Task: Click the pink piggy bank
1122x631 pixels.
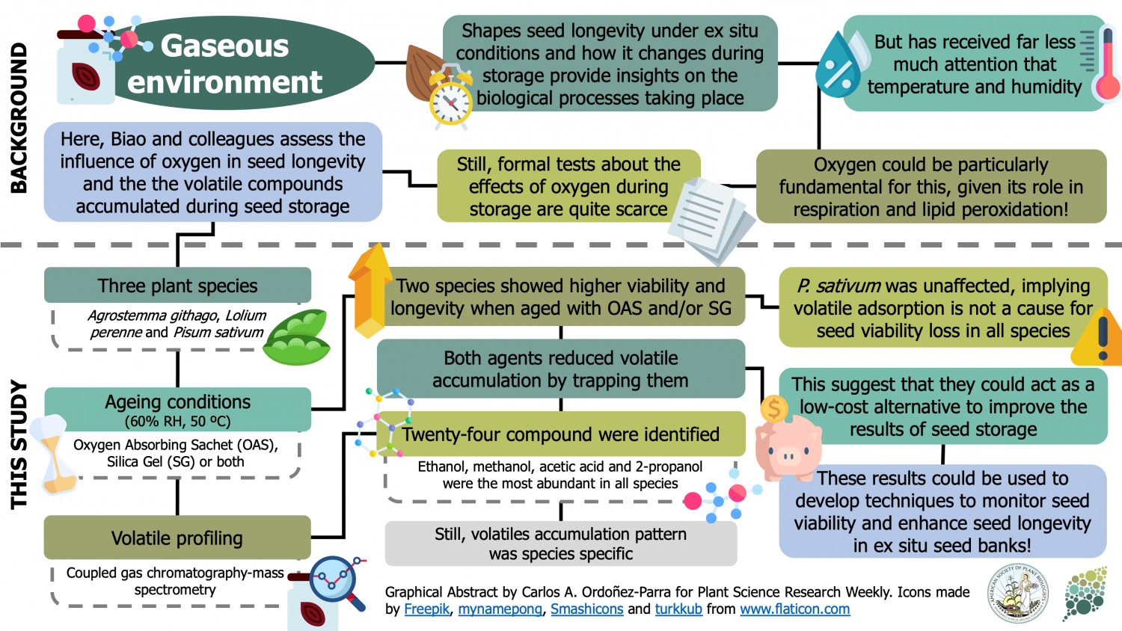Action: click(787, 446)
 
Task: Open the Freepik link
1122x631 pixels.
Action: click(426, 609)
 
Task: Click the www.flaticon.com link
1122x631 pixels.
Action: click(794, 609)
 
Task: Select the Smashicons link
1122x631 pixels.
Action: click(586, 609)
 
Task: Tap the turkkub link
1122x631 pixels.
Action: click(678, 609)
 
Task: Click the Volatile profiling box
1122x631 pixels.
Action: click(177, 538)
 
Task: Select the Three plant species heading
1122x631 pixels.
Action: click(177, 286)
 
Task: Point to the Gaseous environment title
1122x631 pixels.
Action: click(224, 64)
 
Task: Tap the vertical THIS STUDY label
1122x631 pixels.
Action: click(19, 445)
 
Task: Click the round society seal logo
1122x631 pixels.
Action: click(1018, 594)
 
